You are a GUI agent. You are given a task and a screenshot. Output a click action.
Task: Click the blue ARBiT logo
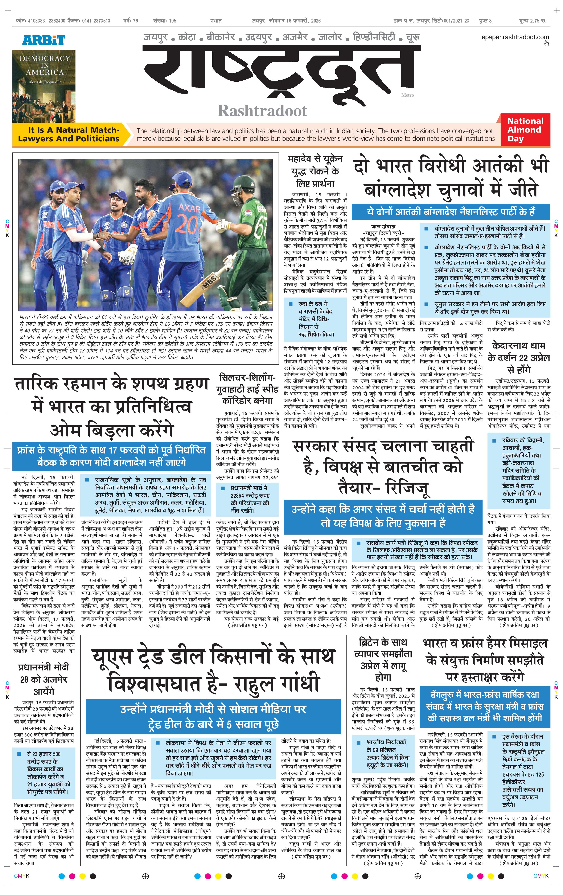(44, 40)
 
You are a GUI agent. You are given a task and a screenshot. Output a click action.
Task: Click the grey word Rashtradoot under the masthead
(262, 111)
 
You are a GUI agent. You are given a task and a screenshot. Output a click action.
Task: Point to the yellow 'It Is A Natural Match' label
(69, 134)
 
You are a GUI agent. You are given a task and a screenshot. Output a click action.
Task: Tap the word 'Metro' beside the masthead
(407, 95)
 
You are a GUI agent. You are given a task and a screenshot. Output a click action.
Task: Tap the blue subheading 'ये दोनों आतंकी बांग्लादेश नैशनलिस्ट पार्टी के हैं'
(451, 212)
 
